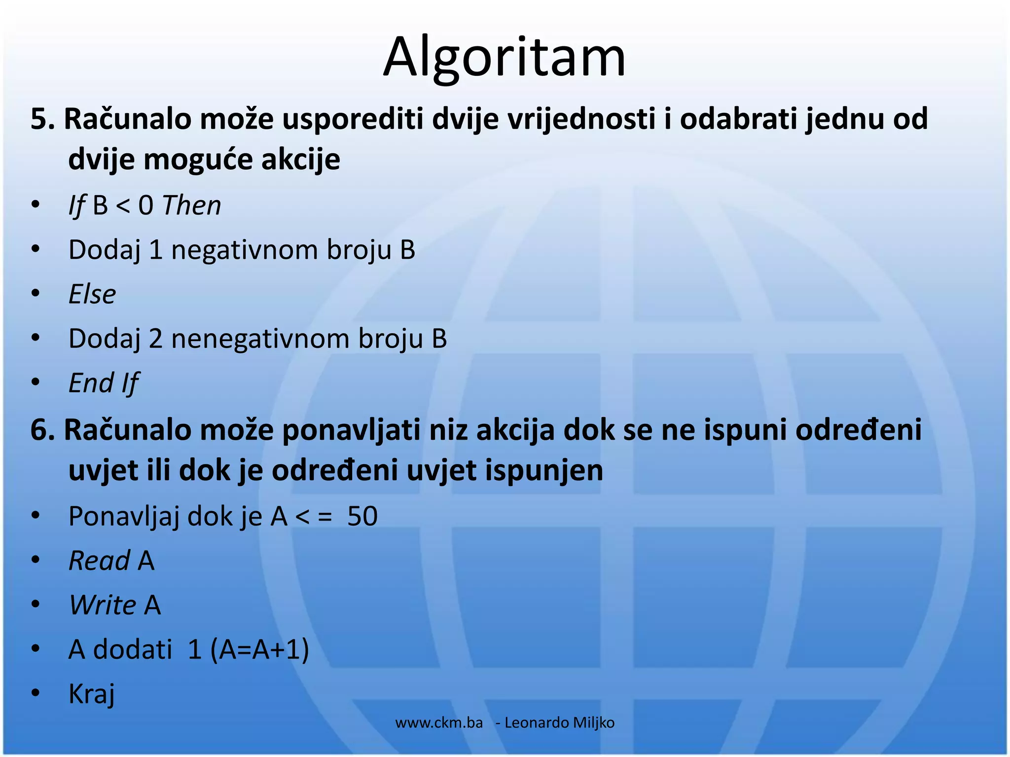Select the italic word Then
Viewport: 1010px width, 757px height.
[192, 206]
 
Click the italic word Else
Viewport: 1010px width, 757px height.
[92, 295]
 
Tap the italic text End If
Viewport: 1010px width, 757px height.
[104, 383]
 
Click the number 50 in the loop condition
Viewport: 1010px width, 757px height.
[362, 516]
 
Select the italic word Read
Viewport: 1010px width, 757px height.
[100, 561]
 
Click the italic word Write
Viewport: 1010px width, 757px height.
[103, 605]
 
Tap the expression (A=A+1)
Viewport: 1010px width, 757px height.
[260, 650]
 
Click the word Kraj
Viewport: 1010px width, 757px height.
[92, 694]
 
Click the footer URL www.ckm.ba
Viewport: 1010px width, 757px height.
[439, 723]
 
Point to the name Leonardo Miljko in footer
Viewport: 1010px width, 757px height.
[559, 723]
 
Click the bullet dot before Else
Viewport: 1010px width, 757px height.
[35, 294]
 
